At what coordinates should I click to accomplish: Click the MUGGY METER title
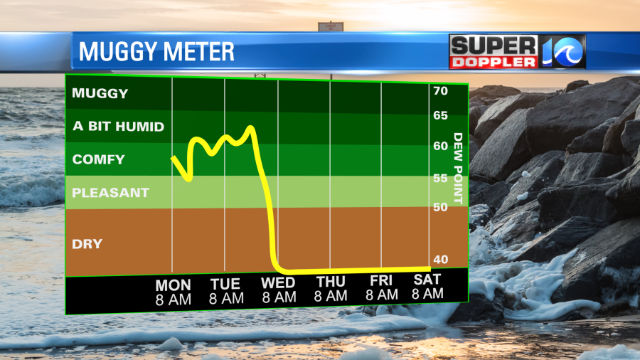pyautogui.click(x=156, y=52)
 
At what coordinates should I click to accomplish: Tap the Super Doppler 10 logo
pyautogui.click(x=517, y=51)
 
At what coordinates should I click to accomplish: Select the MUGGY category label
pyautogui.click(x=100, y=93)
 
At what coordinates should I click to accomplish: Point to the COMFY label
pyautogui.click(x=99, y=159)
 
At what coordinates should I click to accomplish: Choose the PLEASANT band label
pyautogui.click(x=111, y=193)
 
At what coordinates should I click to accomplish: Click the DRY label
pyautogui.click(x=87, y=244)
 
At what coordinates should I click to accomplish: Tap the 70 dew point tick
pyautogui.click(x=440, y=91)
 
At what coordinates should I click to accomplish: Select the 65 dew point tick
pyautogui.click(x=440, y=115)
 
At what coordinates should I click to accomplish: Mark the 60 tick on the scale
pyautogui.click(x=440, y=146)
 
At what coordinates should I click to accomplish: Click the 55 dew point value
pyautogui.click(x=440, y=179)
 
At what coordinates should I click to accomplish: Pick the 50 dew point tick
pyautogui.click(x=440, y=207)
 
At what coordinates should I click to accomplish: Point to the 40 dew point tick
pyautogui.click(x=440, y=260)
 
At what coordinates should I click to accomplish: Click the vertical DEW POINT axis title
pyautogui.click(x=458, y=169)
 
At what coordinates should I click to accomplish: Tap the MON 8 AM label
pyautogui.click(x=173, y=292)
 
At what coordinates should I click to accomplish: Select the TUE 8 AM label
pyautogui.click(x=225, y=292)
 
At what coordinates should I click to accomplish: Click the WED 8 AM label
pyautogui.click(x=278, y=291)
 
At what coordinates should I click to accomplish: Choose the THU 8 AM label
pyautogui.click(x=331, y=289)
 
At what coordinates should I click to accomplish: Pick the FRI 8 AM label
pyautogui.click(x=382, y=287)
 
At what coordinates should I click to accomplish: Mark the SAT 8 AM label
pyautogui.click(x=427, y=286)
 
